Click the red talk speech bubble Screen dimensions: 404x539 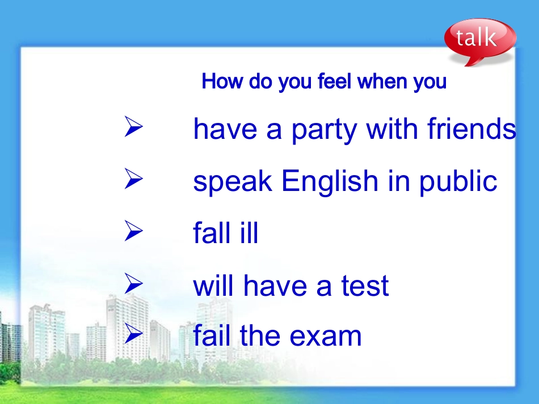tap(479, 40)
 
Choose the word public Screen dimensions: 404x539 tap(458, 182)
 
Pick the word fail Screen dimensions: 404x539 tap(213, 335)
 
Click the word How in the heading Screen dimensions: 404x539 tap(218, 82)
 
